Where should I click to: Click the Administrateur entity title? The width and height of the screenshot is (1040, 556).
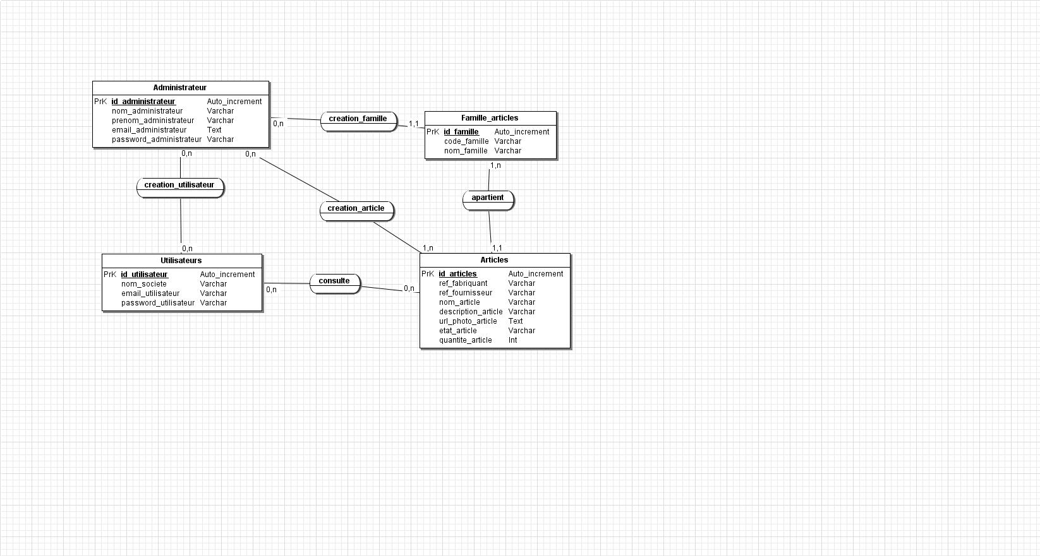pos(179,88)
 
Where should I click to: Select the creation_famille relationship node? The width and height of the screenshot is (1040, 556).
pos(358,121)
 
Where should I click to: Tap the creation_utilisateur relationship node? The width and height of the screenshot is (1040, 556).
pos(180,187)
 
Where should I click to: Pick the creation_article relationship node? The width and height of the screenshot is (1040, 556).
pos(356,211)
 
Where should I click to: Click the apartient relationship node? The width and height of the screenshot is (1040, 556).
pos(488,200)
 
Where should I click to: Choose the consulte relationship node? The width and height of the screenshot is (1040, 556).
pos(335,283)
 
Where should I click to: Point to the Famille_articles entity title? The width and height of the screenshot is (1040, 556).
pos(490,118)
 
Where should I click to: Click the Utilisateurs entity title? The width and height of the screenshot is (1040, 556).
pos(181,261)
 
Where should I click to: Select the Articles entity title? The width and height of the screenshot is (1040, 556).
pos(495,260)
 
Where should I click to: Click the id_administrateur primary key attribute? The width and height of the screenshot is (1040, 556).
pos(143,102)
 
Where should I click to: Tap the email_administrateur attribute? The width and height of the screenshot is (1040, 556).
pos(149,130)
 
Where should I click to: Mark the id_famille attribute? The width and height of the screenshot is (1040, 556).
pos(461,132)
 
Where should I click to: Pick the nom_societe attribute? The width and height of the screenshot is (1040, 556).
pos(144,284)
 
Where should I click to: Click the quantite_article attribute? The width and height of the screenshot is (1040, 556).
pos(465,340)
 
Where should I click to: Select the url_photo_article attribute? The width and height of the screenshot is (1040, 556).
pos(468,321)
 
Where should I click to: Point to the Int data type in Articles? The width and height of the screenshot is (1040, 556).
pos(512,340)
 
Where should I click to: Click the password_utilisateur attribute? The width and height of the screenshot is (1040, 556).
pos(158,303)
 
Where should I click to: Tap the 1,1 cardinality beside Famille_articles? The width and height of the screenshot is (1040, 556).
pos(414,124)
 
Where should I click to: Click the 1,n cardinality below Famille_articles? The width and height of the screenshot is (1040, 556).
pos(495,165)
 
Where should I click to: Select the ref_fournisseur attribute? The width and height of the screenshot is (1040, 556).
pos(466,293)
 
